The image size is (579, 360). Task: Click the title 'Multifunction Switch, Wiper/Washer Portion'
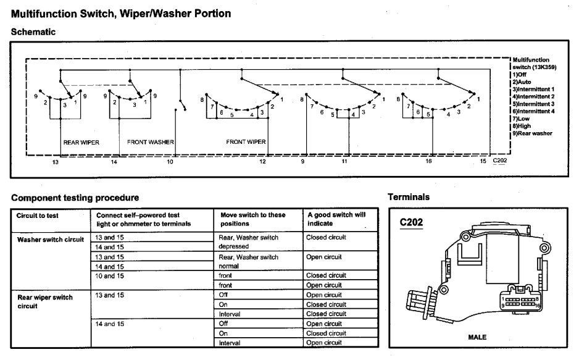point(121,14)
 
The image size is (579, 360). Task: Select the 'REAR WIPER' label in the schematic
point(81,142)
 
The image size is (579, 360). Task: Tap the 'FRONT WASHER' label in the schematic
point(151,142)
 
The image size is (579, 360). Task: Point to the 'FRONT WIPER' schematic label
point(246,142)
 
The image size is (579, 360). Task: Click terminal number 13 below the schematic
point(56,162)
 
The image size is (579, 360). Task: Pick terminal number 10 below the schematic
point(170,162)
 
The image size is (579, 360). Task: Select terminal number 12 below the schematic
point(263,162)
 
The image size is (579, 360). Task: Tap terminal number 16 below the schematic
point(428,162)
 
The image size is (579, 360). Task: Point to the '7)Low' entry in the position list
point(523,119)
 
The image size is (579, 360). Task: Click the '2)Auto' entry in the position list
point(524,82)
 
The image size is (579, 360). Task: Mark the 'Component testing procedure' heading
point(75,198)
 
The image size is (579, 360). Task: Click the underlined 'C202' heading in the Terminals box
point(412,223)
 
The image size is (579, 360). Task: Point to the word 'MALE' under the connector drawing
point(478,338)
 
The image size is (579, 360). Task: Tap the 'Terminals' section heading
point(409,197)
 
